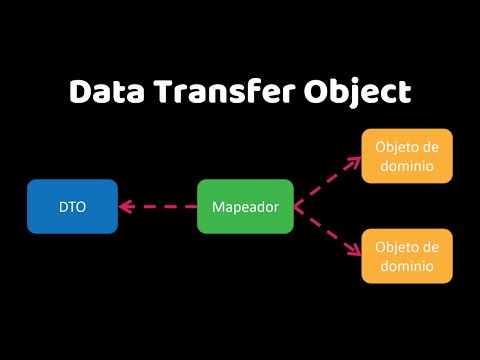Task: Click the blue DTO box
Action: pos(72,206)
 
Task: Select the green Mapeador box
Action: pos(245,206)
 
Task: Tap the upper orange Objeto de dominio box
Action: pos(407,155)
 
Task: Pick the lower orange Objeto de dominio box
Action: pos(407,255)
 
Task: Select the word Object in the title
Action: pos(358,92)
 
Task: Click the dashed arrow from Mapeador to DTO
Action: pos(160,207)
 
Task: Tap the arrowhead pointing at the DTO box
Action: pos(124,207)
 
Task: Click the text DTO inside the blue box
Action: pos(72,206)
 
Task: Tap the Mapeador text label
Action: pos(245,206)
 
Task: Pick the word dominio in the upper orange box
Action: pos(407,166)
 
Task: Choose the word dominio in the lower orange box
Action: pos(407,266)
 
